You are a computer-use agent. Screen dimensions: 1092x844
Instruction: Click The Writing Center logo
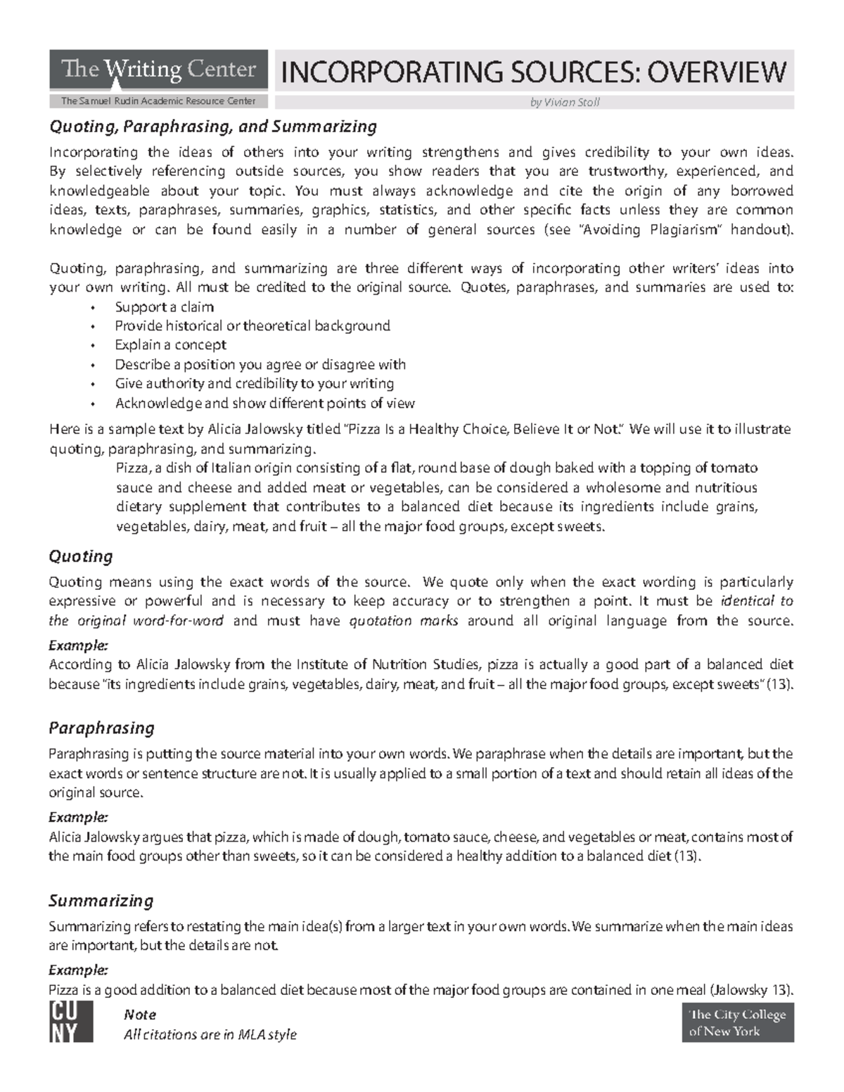(158, 70)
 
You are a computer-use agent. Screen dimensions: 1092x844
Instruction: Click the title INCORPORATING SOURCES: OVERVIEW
(533, 72)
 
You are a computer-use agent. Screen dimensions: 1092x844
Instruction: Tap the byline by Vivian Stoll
(564, 103)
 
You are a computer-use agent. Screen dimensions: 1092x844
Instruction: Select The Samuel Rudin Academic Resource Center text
(158, 101)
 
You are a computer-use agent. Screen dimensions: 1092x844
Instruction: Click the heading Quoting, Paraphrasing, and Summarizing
(212, 127)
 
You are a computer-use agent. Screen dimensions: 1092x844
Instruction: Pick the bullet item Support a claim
(164, 307)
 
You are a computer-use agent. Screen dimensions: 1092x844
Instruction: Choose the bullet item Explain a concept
(170, 345)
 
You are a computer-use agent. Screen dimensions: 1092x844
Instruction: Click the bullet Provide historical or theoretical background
(252, 326)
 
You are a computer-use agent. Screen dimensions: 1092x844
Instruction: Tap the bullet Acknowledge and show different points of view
(264, 404)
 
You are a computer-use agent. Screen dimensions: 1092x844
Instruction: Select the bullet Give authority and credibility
(254, 384)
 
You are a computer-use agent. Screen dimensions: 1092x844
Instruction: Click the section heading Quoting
(80, 557)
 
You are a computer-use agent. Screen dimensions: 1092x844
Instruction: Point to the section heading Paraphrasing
(101, 728)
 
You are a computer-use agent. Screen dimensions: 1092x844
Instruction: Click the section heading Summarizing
(101, 901)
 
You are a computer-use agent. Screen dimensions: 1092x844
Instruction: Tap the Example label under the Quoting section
(78, 645)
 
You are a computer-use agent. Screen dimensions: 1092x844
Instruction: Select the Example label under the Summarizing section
(78, 970)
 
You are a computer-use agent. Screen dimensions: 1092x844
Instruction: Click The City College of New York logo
(737, 1022)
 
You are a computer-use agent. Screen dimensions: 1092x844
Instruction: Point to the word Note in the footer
(139, 1015)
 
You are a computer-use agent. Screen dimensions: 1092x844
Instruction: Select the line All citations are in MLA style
(210, 1035)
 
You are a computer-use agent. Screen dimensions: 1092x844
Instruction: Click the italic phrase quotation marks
(404, 621)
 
